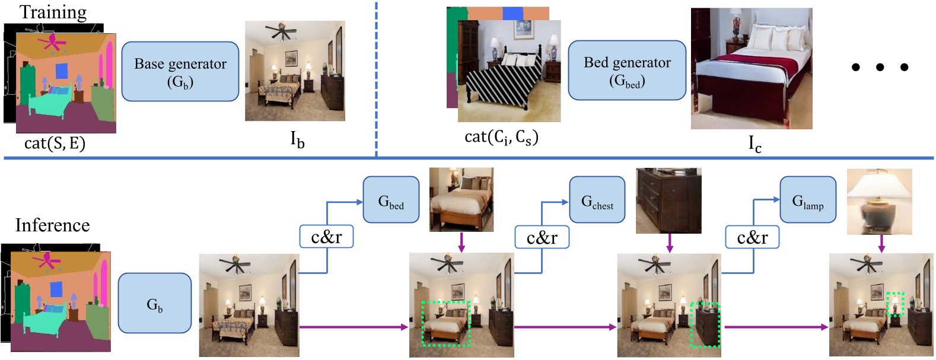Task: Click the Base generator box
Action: (180, 71)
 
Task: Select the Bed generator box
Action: (627, 70)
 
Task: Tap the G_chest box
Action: (597, 199)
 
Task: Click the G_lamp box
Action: (807, 199)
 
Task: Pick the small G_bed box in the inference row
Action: (390, 199)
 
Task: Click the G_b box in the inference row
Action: (154, 303)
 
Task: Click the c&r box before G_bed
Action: (326, 236)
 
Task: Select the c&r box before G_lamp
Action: (752, 237)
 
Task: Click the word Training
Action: (53, 11)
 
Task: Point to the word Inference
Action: (52, 225)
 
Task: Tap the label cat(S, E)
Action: (55, 142)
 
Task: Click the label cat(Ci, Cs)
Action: (501, 137)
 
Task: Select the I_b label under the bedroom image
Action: (297, 139)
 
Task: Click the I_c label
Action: (754, 143)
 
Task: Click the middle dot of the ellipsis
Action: (880, 67)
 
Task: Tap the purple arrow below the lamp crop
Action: (881, 243)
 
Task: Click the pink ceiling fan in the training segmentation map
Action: (51, 42)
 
